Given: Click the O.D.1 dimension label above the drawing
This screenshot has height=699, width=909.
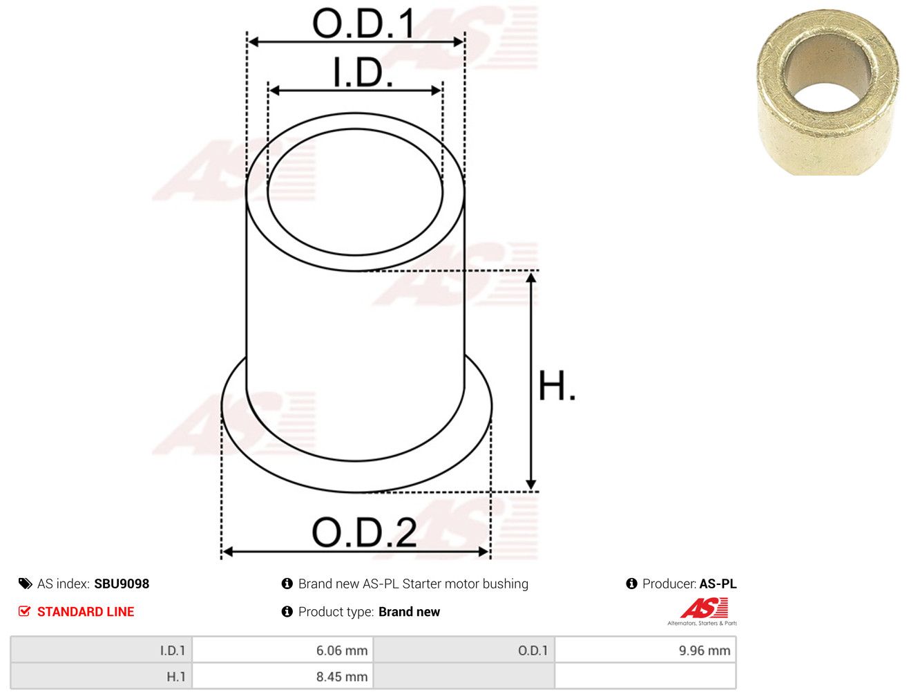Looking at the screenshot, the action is (363, 24).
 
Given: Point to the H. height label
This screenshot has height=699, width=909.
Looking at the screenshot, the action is (557, 386).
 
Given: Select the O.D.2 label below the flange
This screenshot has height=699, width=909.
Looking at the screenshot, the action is (364, 532).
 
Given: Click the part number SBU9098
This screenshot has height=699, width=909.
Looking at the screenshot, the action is (122, 584).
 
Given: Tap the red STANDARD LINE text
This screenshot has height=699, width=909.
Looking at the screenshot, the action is (86, 611).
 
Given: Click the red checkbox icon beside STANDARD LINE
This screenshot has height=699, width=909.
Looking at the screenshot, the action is (24, 611).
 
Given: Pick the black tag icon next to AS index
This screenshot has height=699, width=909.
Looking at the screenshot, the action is (25, 584).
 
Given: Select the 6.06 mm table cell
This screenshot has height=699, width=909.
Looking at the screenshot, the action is (283, 650).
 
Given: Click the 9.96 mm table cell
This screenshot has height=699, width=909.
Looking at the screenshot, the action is (645, 650).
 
